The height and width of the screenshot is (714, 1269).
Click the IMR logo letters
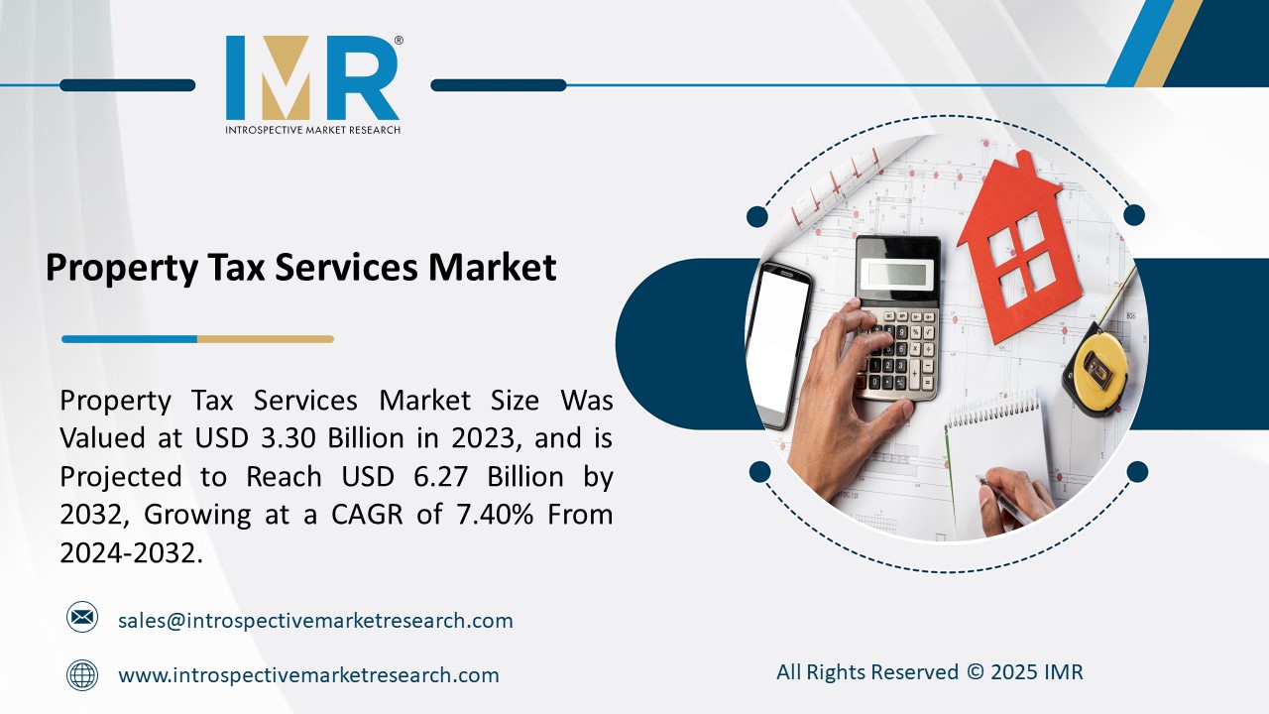[x=311, y=78]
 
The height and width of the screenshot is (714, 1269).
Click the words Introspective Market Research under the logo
[x=312, y=130]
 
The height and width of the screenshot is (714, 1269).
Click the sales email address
[x=315, y=621]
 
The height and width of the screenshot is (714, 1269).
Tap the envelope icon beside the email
[x=82, y=618]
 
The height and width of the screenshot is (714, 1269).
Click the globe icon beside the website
[x=82, y=675]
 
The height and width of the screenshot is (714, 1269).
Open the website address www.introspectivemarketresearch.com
[x=308, y=675]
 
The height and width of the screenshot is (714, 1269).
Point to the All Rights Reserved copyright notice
[x=929, y=672]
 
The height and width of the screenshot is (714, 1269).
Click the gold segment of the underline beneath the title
[x=265, y=339]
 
